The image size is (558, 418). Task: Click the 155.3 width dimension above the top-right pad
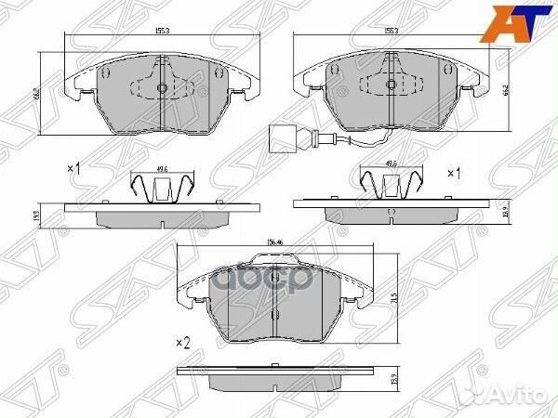coord(391,33)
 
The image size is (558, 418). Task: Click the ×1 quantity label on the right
coord(455,174)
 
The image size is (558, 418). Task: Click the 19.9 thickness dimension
coord(505,211)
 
